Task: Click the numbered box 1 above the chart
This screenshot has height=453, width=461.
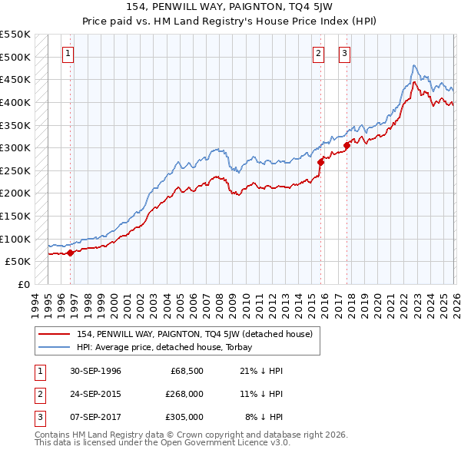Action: coord(69,54)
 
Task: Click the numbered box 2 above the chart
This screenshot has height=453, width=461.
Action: coord(318,54)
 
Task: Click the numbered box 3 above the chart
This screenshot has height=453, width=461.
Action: coord(344,54)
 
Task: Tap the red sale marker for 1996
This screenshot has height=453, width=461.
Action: coord(70,252)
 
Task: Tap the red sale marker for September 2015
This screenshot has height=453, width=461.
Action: coord(320,161)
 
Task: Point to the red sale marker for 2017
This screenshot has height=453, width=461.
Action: coord(347,144)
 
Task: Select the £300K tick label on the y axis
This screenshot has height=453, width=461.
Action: coord(15,147)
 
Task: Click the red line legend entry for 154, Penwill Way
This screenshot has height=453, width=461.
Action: coord(194,334)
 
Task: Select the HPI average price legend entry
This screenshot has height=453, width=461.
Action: coord(170,347)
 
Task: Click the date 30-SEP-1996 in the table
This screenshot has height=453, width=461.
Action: coord(96,371)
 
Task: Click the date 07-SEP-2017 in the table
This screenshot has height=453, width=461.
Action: coord(96,417)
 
